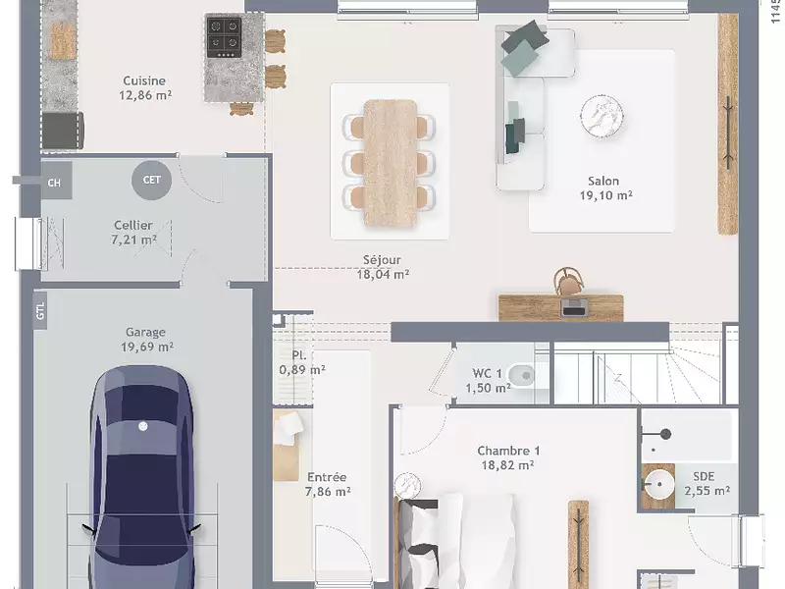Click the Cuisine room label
(144, 80)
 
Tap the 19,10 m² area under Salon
(605, 195)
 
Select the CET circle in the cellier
(152, 180)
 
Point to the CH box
(54, 183)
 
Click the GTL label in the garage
(40, 311)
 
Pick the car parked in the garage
(141, 478)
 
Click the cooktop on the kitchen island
(224, 38)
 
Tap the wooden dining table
(390, 163)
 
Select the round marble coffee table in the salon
(602, 115)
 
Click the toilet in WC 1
(522, 374)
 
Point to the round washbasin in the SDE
(658, 484)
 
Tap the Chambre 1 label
(508, 451)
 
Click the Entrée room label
(327, 477)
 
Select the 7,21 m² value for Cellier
(133, 240)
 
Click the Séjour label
(382, 260)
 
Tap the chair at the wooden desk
(569, 282)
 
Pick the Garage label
(145, 332)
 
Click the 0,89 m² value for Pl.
(302, 370)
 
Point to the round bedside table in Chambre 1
(407, 486)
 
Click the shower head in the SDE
(665, 434)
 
